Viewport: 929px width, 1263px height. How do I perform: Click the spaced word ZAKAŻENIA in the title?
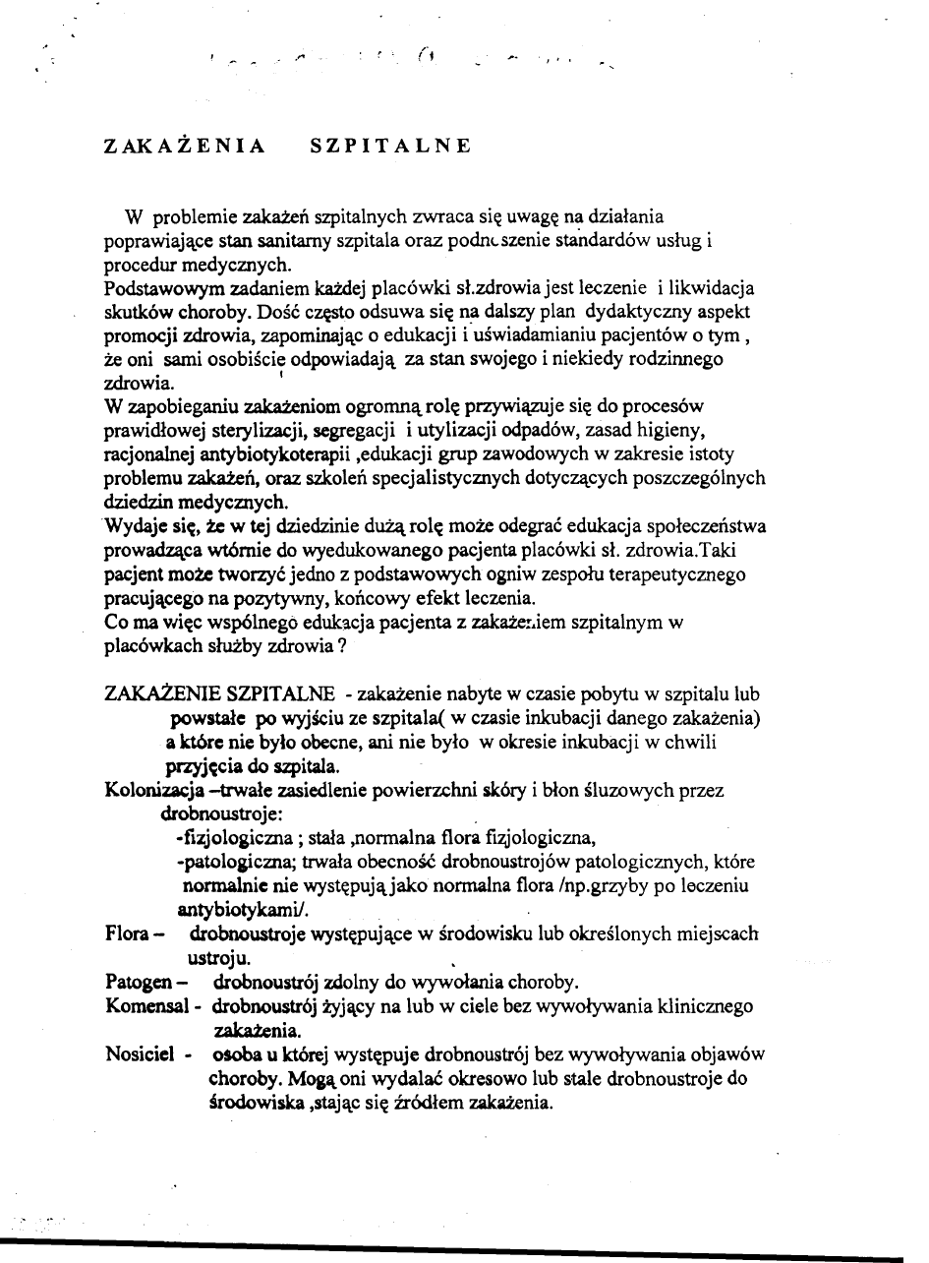(185, 147)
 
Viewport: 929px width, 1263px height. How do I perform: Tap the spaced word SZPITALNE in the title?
(390, 147)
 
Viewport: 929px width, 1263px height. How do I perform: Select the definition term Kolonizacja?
(150, 789)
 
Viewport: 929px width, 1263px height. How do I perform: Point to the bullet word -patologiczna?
(228, 862)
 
